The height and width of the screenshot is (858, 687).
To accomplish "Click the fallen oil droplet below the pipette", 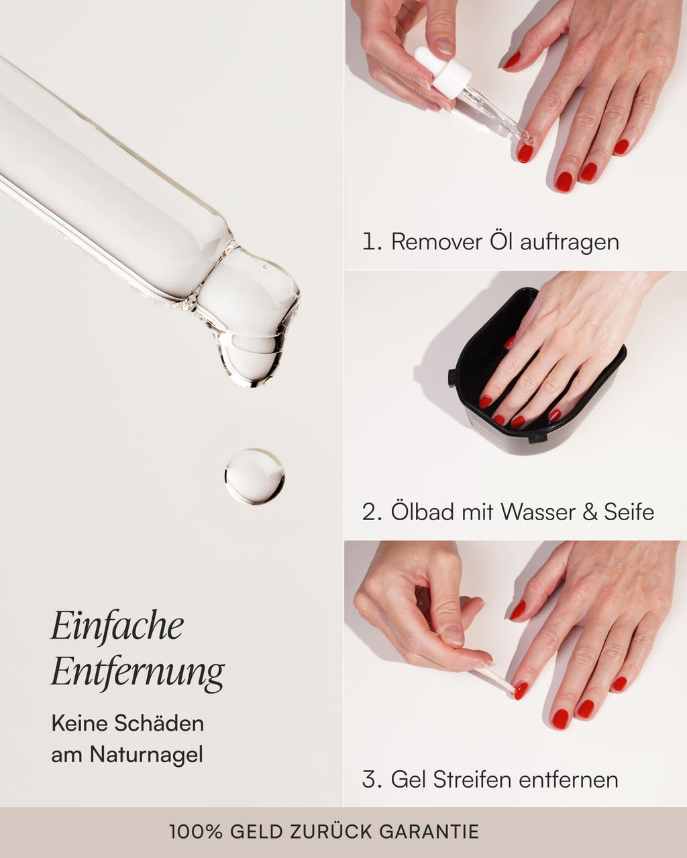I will (x=254, y=477).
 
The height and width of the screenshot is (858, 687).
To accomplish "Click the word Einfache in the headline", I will (x=117, y=626).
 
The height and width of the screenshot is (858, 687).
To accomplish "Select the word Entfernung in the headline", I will (x=138, y=672).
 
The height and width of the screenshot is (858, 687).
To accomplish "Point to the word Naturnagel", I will (x=146, y=755).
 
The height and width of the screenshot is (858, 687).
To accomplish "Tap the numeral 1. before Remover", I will (x=371, y=241).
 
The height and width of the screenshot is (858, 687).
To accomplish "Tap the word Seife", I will (x=629, y=512).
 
